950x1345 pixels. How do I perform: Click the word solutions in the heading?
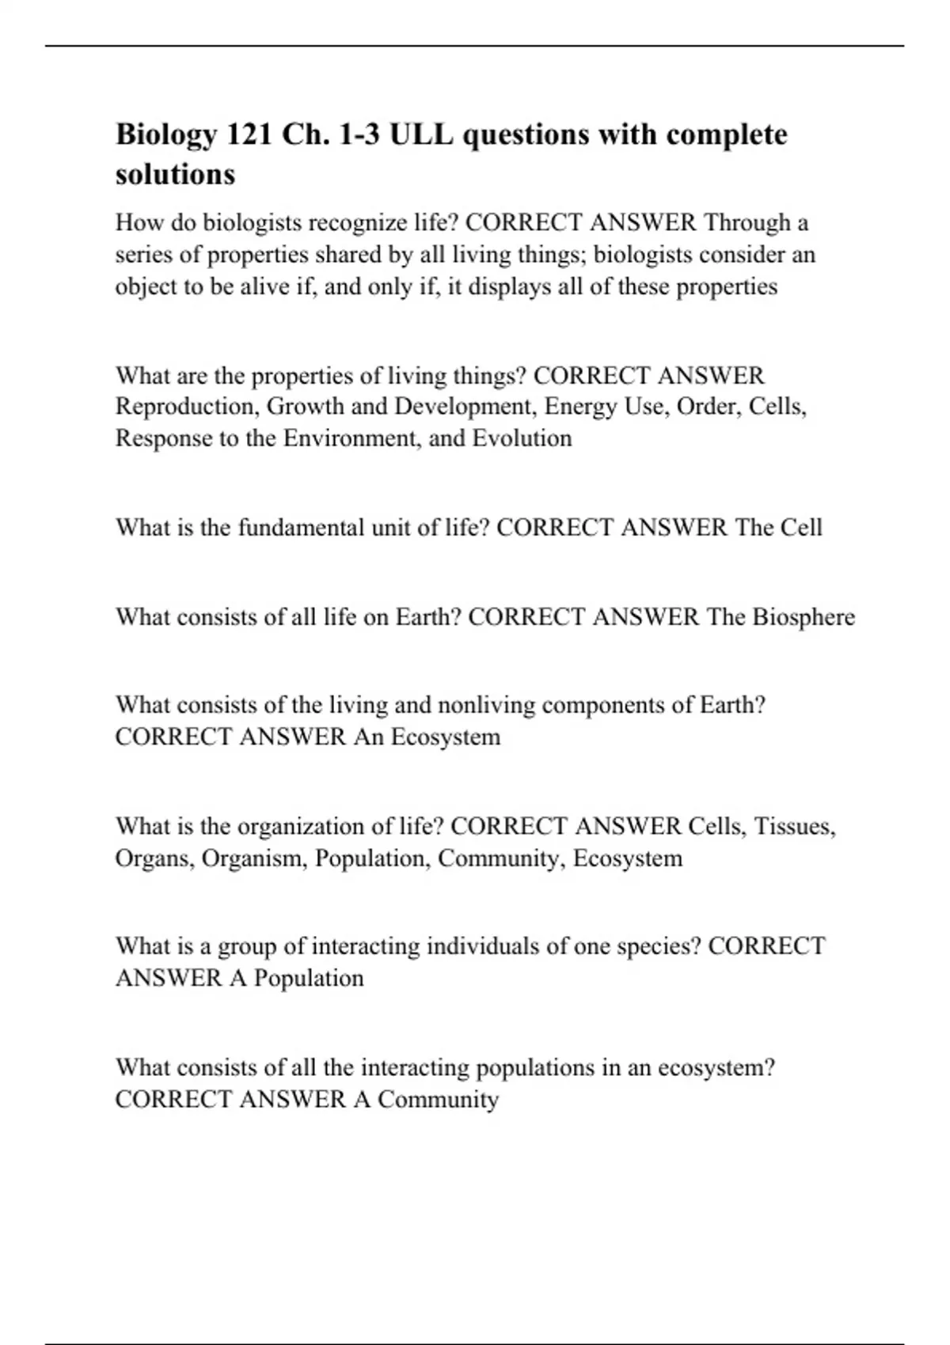pos(175,174)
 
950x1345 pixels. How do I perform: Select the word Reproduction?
pos(186,407)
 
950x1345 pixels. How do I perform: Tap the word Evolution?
pos(522,438)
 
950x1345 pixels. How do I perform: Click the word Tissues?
pos(794,827)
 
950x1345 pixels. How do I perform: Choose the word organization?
pos(302,827)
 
